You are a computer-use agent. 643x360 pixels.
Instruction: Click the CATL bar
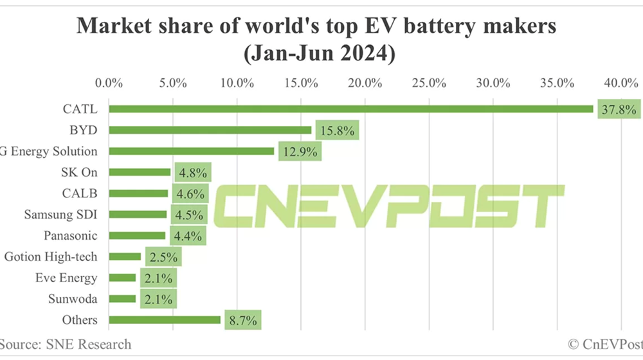coord(350,109)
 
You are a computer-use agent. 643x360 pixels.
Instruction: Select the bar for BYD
coord(210,130)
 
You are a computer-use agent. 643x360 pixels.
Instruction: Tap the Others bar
coord(164,319)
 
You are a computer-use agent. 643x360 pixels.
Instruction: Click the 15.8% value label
coord(335,130)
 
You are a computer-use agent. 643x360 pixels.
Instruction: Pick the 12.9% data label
coord(298,152)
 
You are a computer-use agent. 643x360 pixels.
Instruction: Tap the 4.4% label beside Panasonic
coord(188,236)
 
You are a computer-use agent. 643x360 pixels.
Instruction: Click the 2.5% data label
coord(163,257)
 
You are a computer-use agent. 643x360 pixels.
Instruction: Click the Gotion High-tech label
coord(51,256)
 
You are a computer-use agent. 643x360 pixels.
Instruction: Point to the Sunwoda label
coord(73,299)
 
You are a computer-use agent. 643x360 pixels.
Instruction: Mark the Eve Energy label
coord(66,278)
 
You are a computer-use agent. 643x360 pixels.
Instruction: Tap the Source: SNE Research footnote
coord(66,345)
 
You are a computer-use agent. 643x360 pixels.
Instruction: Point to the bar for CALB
coord(138,193)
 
